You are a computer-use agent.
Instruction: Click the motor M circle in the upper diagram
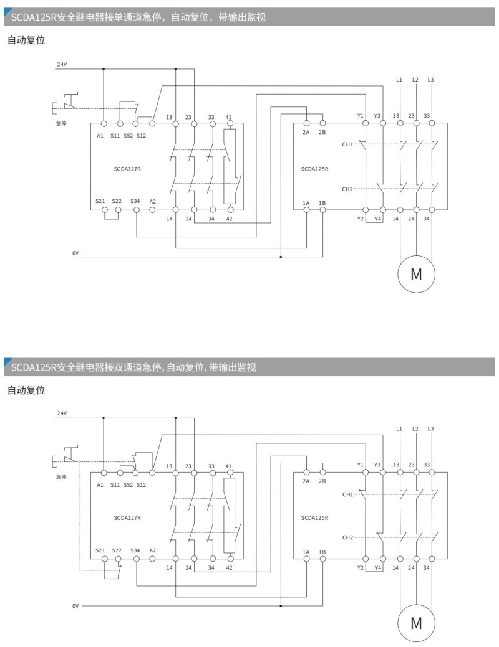tap(415, 273)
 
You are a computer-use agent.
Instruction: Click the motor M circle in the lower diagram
tap(415, 622)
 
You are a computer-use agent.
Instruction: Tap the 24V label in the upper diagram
tap(62, 64)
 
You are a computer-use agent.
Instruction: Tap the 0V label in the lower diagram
tap(75, 605)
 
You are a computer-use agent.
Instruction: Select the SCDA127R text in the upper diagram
tap(127, 169)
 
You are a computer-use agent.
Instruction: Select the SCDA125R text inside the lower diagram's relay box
tap(314, 517)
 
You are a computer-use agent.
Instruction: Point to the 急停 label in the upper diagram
tap(61, 123)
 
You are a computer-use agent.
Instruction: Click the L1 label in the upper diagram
tap(399, 80)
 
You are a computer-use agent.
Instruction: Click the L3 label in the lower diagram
tap(430, 428)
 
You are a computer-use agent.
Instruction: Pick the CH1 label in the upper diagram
tap(347, 144)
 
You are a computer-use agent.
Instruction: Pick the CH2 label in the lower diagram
tap(347, 537)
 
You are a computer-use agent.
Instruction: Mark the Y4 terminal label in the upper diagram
tap(377, 219)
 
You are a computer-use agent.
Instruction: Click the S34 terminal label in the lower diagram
tap(135, 550)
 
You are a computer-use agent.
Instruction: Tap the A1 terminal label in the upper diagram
tap(100, 135)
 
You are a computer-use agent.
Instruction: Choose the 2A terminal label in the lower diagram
tap(306, 481)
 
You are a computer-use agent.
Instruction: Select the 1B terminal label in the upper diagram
tap(322, 203)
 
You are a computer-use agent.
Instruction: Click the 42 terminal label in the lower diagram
tap(229, 568)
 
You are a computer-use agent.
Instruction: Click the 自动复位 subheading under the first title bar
tap(26, 40)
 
